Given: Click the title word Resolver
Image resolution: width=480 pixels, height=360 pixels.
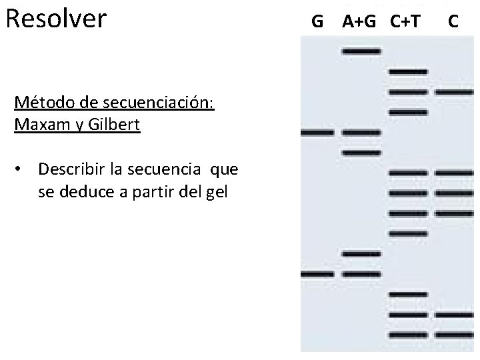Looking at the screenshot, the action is pos(55,19).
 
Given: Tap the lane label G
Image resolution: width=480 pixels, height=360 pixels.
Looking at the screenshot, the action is pos(317,22).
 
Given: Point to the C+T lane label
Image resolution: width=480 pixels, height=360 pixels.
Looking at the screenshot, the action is pos(405,22).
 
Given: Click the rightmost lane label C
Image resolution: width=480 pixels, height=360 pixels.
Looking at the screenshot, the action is pos(453,22).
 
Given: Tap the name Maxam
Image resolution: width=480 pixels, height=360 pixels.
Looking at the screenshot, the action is pos(41,125).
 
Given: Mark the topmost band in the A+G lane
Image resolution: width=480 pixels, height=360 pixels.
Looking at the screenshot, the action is pos(361,51).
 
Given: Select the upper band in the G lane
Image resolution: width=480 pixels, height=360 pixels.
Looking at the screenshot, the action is pos(318,133).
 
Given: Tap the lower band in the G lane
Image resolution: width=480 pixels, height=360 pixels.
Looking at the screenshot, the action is pos(318,274).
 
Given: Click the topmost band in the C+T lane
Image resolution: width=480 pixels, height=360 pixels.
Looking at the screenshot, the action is pos(407,71).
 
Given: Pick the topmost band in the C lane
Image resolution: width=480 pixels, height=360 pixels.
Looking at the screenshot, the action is pos(455,91).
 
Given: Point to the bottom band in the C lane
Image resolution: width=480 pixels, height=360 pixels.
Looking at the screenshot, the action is pos(455,335).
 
